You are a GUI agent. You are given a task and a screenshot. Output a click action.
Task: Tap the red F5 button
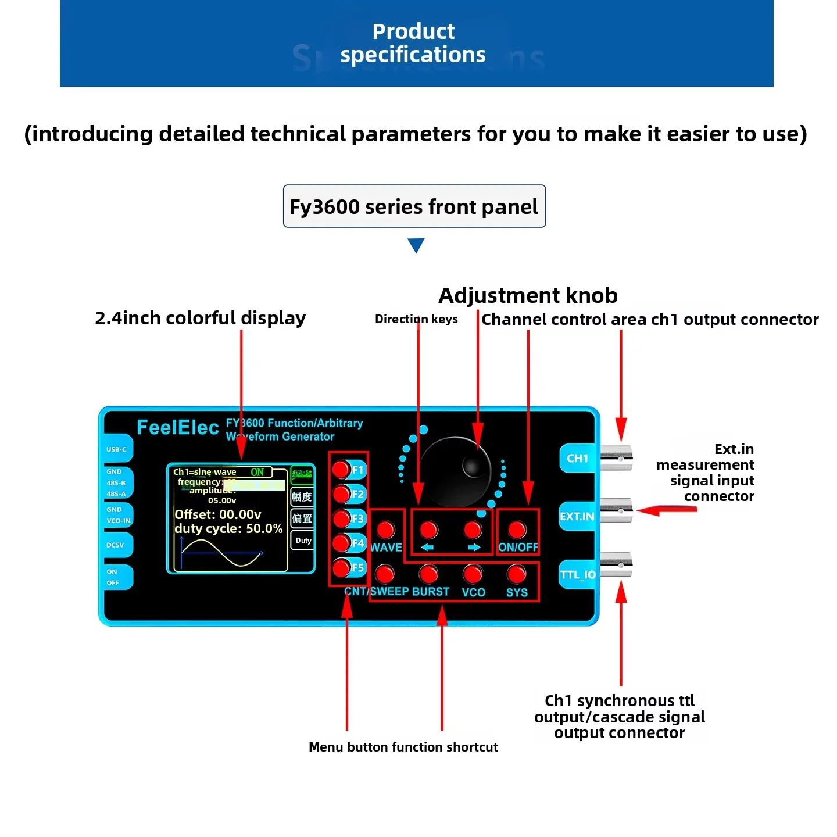(341, 567)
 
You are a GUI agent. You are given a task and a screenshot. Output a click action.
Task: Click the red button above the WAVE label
(385, 530)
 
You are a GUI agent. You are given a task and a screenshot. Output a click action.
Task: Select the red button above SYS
(516, 574)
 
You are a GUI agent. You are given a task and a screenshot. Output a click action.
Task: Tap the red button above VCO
(473, 574)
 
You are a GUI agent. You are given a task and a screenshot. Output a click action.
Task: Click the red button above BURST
(429, 574)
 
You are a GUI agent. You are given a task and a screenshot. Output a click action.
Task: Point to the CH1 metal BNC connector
(616, 457)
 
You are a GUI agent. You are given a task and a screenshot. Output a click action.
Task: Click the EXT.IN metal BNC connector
(616, 510)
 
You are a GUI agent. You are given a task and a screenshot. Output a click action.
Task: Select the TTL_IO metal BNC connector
(616, 564)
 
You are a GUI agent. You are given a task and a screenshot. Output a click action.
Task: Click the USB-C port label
(116, 449)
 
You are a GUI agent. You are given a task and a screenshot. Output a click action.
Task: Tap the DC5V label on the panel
(115, 545)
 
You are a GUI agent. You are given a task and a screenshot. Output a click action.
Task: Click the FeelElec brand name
(177, 428)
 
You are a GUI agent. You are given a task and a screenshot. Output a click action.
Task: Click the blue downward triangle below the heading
(416, 245)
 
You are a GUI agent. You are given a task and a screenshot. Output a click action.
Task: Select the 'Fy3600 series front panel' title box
(414, 206)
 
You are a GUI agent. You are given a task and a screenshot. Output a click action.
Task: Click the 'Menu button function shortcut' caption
(403, 747)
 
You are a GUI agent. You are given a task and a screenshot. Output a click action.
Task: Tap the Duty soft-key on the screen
(303, 541)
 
